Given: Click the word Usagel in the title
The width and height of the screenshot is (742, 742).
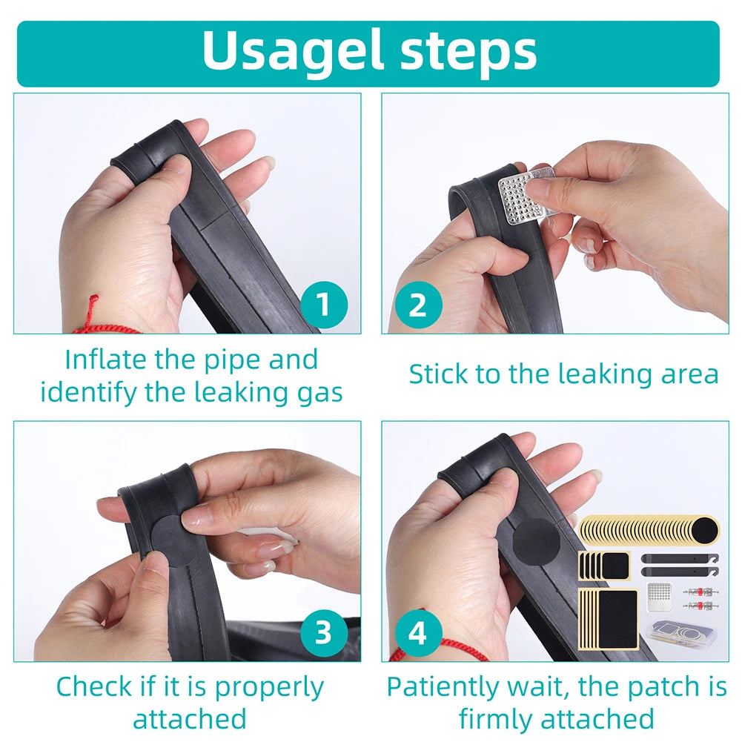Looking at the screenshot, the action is pos(293,51).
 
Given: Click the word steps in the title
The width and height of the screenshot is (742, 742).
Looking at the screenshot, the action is pos(468,51).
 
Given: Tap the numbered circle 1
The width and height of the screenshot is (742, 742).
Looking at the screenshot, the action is pos(324,305).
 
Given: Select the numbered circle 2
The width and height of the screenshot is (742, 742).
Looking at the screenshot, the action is pos(418,305).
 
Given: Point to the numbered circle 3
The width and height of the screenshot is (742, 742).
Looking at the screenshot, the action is pos(324,632).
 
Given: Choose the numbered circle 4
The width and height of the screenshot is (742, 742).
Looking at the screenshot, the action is pos(418,632).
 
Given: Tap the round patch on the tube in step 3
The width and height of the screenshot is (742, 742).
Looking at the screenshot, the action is pos(173,540).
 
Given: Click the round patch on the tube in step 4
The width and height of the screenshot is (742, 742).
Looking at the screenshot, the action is pos(536,542).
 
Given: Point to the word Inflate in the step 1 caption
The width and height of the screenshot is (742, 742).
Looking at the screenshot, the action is pos(105,360).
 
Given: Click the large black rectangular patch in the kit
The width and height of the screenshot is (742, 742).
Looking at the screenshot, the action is pos(617,620).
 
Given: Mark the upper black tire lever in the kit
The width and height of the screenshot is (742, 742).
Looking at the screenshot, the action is pos(680,558).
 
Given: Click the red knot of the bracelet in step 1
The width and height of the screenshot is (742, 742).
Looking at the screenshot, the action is pos(93,300).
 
